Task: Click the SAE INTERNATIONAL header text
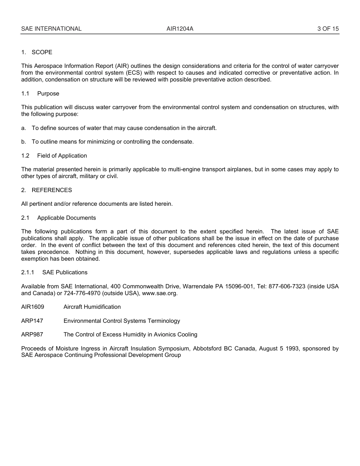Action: pos(51,28)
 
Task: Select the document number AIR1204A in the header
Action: pos(180,28)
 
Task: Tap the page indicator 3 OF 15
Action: pos(328,28)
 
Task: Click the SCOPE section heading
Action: pos(42,52)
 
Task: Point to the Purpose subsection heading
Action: pos(48,94)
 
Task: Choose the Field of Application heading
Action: pos(62,156)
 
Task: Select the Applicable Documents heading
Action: pos(66,218)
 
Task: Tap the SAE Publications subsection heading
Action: pos(65,272)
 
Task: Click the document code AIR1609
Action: pos(33,307)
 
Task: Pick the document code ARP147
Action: pos(32,321)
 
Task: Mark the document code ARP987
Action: pos(32,335)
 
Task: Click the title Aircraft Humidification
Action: pos(92,307)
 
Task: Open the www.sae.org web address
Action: pos(160,293)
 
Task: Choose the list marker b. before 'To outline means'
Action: pos(24,142)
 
